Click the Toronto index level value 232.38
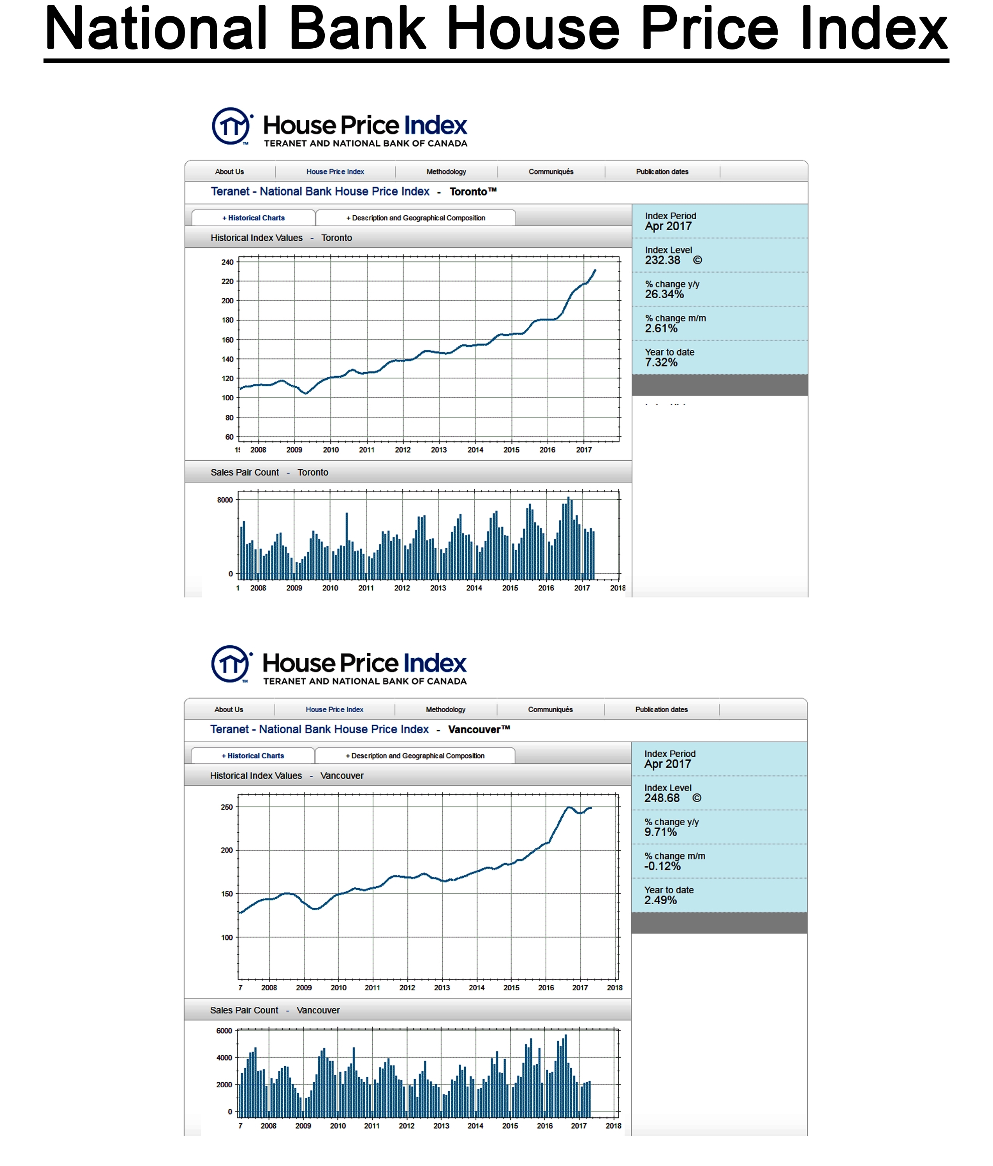click(662, 261)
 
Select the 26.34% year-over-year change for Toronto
click(664, 294)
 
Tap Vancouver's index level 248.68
click(662, 798)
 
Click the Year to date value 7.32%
click(661, 363)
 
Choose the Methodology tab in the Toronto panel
click(446, 172)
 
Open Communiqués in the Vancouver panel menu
click(550, 710)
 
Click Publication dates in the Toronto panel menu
click(662, 172)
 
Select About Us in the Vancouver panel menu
click(229, 710)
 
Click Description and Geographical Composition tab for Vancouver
click(415, 756)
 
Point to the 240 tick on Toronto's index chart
click(227, 262)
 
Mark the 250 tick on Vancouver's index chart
click(226, 807)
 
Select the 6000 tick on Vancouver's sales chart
click(224, 1031)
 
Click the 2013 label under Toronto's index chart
click(439, 450)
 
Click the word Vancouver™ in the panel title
click(479, 729)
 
